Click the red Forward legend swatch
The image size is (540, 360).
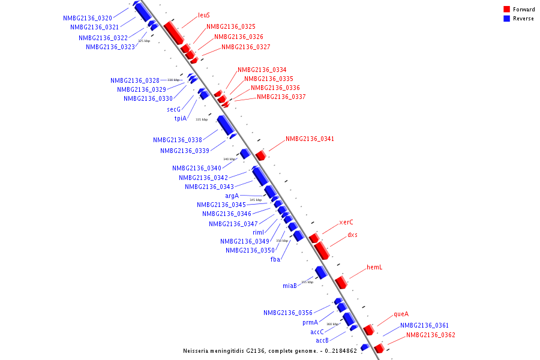(x=507, y=10)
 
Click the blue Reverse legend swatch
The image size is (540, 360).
(x=507, y=19)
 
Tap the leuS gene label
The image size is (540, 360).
(x=204, y=16)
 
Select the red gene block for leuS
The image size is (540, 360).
(x=173, y=32)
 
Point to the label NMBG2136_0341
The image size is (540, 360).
(x=310, y=139)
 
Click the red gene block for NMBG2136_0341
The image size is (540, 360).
(x=260, y=155)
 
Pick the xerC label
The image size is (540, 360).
(x=346, y=223)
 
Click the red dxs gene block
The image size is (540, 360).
(x=321, y=250)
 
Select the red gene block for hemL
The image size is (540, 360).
(x=341, y=282)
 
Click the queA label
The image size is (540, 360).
(x=401, y=314)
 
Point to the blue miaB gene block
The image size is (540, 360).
(x=321, y=272)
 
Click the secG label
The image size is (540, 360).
(x=173, y=109)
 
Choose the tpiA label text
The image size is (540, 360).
(x=181, y=119)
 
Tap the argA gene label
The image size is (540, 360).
(x=232, y=196)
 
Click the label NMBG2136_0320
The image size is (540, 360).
(x=88, y=18)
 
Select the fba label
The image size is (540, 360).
(x=275, y=260)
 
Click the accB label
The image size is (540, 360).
(x=322, y=341)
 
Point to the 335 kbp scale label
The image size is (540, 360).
(x=202, y=119)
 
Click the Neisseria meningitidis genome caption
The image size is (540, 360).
(x=270, y=351)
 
